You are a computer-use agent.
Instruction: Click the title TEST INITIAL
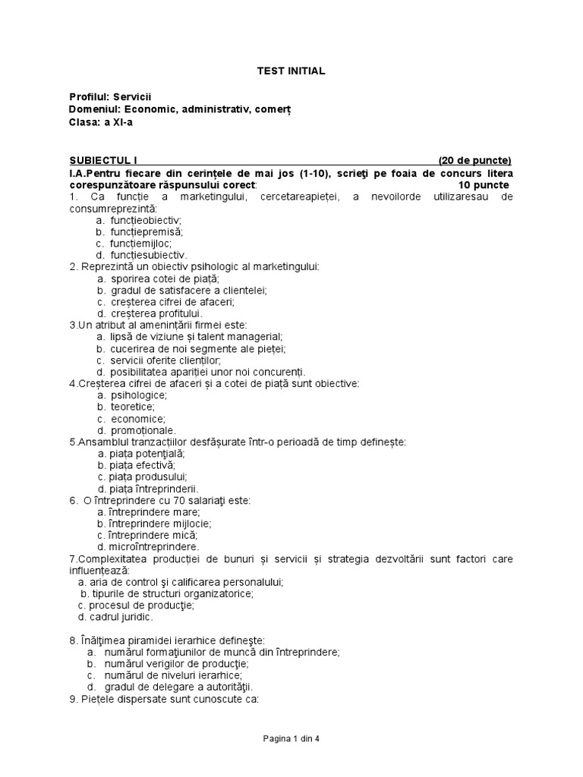(x=291, y=71)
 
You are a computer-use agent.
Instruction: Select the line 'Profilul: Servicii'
(x=110, y=97)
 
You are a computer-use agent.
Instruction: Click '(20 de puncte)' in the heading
(x=474, y=160)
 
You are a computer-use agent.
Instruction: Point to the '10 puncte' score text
(x=484, y=185)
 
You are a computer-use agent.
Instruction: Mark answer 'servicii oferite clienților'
(x=165, y=360)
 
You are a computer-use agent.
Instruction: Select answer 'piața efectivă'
(x=142, y=465)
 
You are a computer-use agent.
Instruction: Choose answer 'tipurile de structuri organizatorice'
(x=172, y=593)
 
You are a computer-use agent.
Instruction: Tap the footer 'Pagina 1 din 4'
(x=291, y=738)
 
